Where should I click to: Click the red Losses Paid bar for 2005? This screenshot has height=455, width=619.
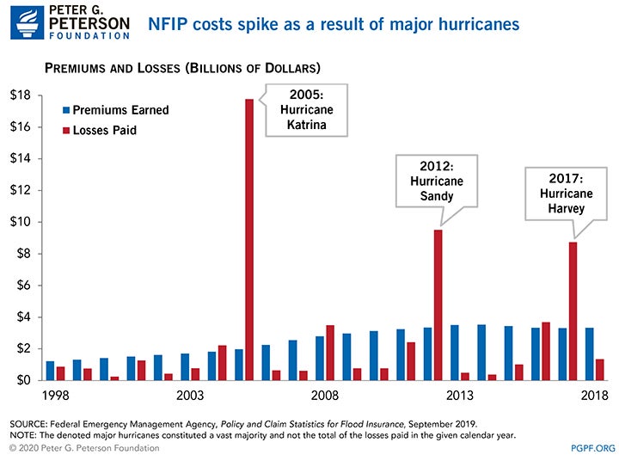click(x=249, y=240)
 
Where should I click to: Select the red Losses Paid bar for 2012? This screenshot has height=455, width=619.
click(x=438, y=304)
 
